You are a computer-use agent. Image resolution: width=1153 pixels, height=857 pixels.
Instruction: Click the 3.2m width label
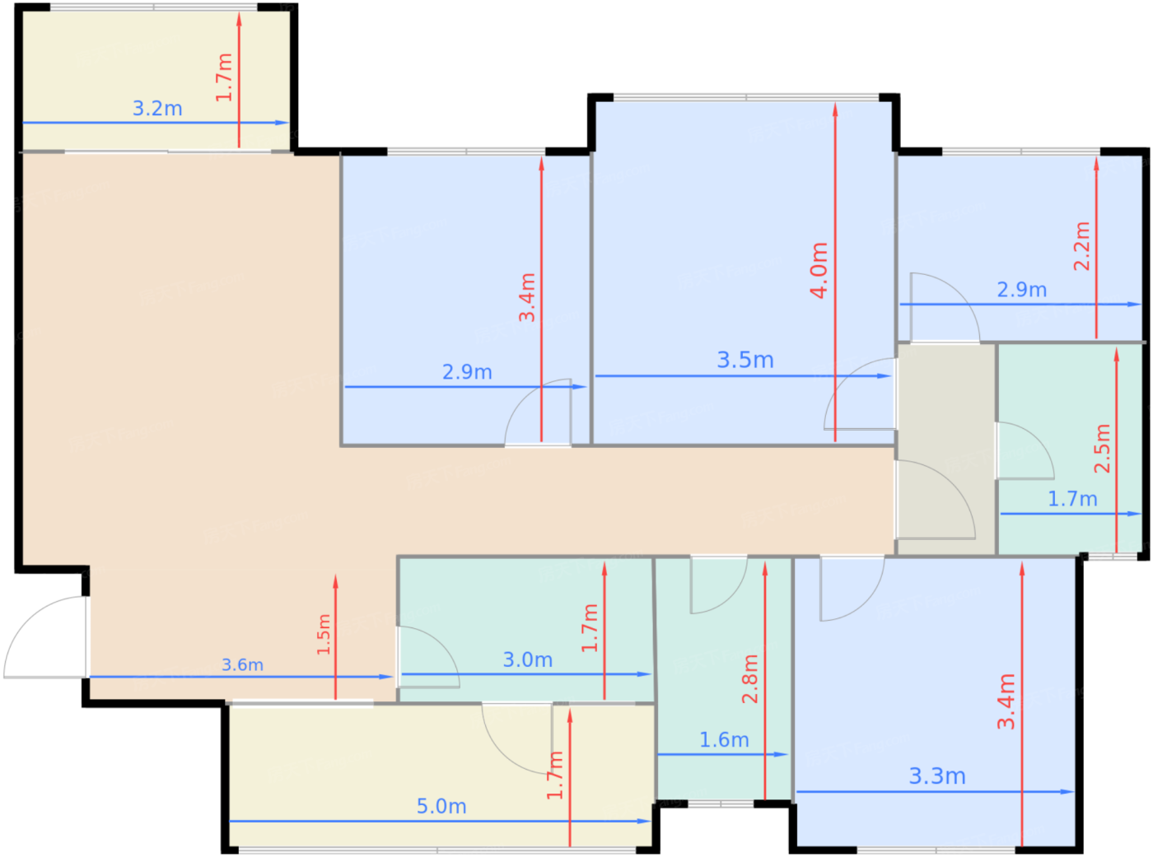click(x=157, y=108)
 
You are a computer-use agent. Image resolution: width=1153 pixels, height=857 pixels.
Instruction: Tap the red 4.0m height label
click(x=819, y=270)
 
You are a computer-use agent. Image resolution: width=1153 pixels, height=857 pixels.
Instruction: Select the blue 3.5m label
click(x=745, y=360)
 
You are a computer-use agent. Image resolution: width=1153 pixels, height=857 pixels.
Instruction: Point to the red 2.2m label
click(x=1081, y=246)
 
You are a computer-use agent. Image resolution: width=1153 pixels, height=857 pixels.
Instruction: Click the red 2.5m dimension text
click(x=1102, y=448)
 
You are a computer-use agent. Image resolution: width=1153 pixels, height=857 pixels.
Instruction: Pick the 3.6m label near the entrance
click(x=242, y=664)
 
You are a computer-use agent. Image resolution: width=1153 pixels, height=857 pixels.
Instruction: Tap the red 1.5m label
click(x=324, y=634)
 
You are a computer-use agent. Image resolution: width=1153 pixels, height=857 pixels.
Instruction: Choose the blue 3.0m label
click(x=527, y=660)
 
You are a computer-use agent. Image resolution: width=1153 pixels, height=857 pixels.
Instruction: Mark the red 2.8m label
click(x=749, y=678)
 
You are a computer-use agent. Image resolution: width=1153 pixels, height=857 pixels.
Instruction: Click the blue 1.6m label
click(x=724, y=740)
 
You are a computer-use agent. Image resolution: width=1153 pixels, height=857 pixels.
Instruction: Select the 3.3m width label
click(x=936, y=776)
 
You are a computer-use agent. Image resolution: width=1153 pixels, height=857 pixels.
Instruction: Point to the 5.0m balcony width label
click(x=441, y=807)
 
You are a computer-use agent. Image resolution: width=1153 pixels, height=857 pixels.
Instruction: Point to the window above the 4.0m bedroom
click(x=746, y=97)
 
